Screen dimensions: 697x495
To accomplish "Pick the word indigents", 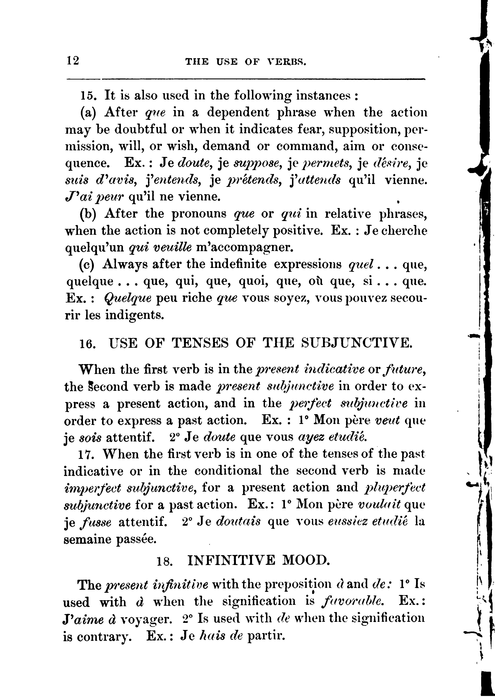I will click(135, 315).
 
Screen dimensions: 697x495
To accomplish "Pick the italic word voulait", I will click(379, 505).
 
